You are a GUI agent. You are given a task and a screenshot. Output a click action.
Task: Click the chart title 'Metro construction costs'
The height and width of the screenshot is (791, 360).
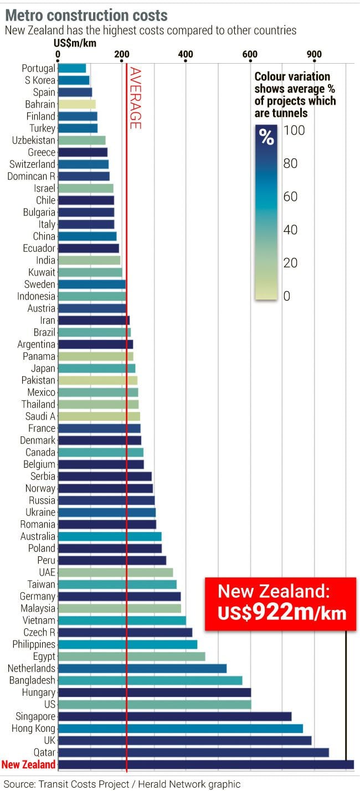coord(86,15)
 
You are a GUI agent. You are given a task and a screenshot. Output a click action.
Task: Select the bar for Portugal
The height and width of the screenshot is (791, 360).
coord(71,68)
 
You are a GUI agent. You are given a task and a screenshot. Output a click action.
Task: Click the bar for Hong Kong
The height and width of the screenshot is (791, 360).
coord(180,728)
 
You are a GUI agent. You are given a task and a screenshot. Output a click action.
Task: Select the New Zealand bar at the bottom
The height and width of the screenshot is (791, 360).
coord(205,764)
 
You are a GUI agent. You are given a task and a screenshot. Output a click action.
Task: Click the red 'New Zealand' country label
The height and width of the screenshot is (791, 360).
coord(28,764)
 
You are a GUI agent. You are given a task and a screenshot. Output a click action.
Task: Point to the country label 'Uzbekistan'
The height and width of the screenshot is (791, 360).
coord(34,140)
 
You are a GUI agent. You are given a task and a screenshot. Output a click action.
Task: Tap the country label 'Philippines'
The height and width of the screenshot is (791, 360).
coord(34,644)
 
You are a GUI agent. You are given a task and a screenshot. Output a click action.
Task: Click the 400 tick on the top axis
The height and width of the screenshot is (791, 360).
coord(186,54)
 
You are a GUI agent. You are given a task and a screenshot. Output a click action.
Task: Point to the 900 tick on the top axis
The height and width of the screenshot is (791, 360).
coord(314,54)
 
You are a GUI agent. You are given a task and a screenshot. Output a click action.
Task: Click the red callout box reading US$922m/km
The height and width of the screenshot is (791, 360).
coord(280,603)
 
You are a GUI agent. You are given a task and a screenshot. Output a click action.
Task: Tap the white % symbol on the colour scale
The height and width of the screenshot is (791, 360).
coord(266,137)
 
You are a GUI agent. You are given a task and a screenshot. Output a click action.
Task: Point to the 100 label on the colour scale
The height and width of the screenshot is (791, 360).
coord(294,131)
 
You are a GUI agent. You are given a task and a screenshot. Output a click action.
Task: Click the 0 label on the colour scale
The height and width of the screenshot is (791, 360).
coord(286,296)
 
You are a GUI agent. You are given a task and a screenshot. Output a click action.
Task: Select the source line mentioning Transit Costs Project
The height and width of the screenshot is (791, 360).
coord(122,783)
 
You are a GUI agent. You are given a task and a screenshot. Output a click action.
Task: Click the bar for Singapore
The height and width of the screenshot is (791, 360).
coord(174,716)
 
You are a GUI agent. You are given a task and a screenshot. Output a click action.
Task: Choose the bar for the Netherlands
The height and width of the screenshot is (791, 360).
coord(142,668)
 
